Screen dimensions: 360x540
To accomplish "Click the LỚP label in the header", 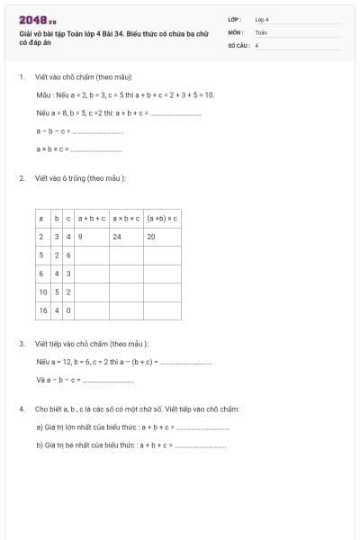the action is click(x=235, y=18).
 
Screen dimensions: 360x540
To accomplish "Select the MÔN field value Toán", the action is click(x=261, y=31).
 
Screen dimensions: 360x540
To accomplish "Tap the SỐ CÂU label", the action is click(x=238, y=44).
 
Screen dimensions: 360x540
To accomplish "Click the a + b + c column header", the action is click(x=92, y=218).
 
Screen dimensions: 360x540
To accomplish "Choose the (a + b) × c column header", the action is click(x=162, y=218).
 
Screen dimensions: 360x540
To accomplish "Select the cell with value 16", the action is click(x=42, y=310).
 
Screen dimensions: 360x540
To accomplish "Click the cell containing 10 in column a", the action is click(x=42, y=292).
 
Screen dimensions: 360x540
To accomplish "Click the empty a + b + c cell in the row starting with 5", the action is click(x=92, y=256).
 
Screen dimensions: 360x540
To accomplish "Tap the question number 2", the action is click(x=22, y=178).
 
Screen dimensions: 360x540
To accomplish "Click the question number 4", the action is click(x=22, y=409).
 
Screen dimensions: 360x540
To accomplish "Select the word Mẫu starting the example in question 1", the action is click(x=43, y=94).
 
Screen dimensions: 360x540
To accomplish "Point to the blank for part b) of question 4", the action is click(x=202, y=445).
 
